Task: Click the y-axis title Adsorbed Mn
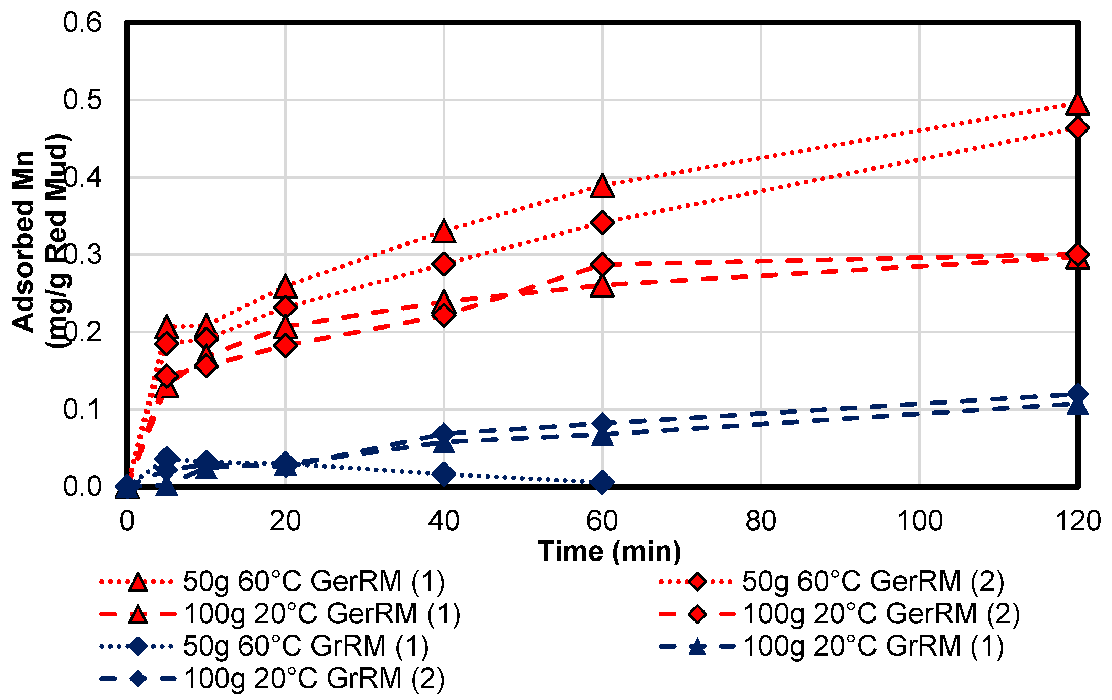pos(23,241)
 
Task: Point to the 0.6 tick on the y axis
pos(82,23)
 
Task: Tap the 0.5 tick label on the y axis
pos(82,100)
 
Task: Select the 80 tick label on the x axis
pos(761,521)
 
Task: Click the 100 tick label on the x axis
pos(919,521)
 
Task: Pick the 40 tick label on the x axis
pos(444,521)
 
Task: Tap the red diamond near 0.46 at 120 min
pos(1077,128)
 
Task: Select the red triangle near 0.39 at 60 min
pos(602,187)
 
